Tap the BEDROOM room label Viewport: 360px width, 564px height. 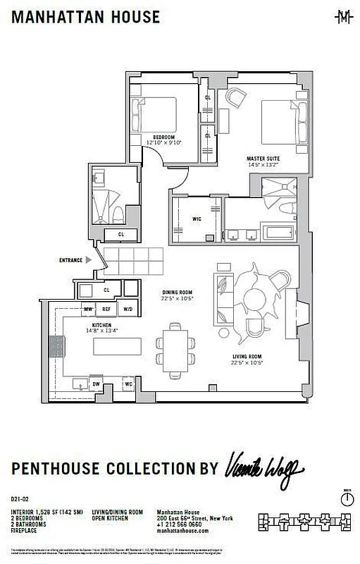(163, 137)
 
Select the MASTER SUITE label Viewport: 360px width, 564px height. (262, 159)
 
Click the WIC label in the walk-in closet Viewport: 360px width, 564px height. (197, 219)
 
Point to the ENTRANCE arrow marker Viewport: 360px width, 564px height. (87, 260)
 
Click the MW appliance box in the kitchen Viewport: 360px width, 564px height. (89, 309)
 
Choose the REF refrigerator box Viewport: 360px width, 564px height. (107, 309)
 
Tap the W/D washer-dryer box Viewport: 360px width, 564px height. (128, 309)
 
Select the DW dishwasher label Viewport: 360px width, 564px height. (97, 384)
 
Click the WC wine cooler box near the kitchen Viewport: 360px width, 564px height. (128, 384)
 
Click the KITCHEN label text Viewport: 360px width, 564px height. (101, 325)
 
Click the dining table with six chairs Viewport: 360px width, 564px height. (176, 350)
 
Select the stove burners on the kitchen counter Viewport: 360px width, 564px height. (56, 347)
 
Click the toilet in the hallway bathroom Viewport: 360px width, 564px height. (120, 214)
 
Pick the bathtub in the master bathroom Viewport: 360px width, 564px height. (280, 231)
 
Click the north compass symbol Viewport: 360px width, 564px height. (346, 498)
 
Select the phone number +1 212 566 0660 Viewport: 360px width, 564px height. (180, 525)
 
